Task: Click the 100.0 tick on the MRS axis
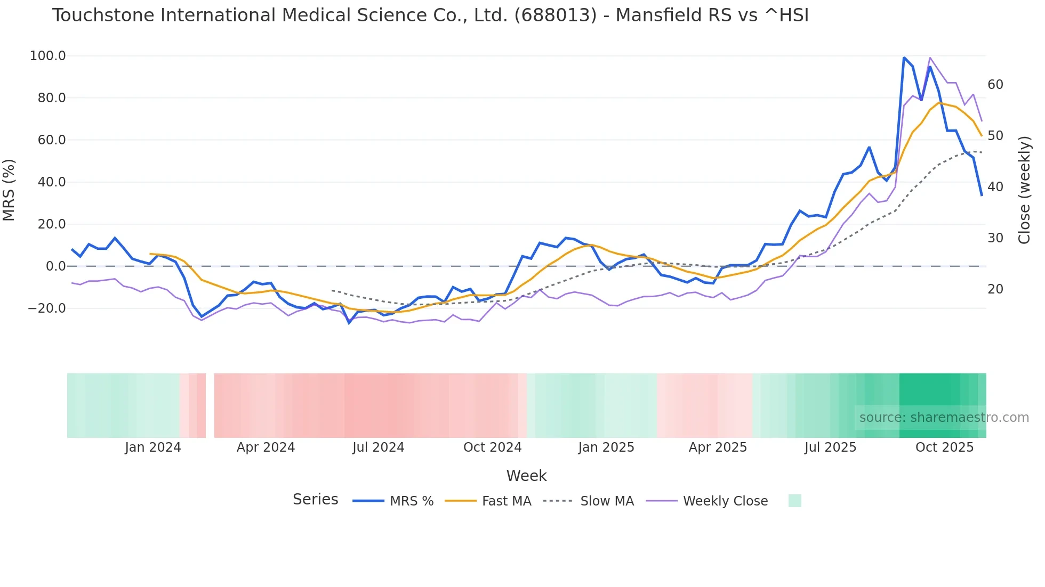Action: tap(47, 56)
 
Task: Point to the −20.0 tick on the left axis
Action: tap(47, 308)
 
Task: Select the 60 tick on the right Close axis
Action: tap(995, 85)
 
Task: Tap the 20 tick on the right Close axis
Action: tap(995, 289)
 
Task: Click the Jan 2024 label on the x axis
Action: tap(152, 447)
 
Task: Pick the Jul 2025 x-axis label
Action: tap(830, 447)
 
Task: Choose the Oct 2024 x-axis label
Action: tap(492, 447)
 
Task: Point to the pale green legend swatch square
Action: tap(794, 501)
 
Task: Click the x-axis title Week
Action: tap(526, 476)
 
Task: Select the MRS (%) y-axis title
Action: tap(9, 190)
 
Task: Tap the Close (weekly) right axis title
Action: tap(1024, 190)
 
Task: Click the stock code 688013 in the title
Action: tap(555, 15)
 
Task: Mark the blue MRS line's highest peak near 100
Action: tap(904, 58)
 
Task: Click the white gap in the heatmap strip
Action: tap(210, 405)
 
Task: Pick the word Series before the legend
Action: tap(315, 500)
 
